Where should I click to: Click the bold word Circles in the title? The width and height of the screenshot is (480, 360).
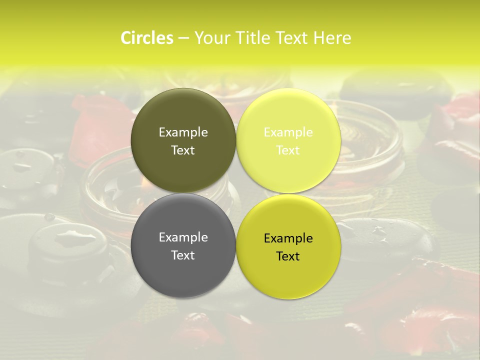[x=146, y=38]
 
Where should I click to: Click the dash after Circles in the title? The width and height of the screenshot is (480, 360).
[x=183, y=38]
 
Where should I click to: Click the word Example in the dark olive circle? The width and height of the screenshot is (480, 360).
[x=183, y=132]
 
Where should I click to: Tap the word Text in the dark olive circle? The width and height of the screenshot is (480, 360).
[x=183, y=150]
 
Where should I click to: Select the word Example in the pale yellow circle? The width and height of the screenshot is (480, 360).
[x=288, y=132]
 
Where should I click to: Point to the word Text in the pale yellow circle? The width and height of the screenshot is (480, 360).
[x=288, y=150]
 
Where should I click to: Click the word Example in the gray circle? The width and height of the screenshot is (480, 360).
[x=183, y=237]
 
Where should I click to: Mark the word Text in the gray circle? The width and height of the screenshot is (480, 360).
[x=183, y=255]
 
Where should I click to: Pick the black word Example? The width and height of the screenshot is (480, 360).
[x=288, y=238]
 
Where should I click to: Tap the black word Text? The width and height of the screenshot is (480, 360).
[x=288, y=256]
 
